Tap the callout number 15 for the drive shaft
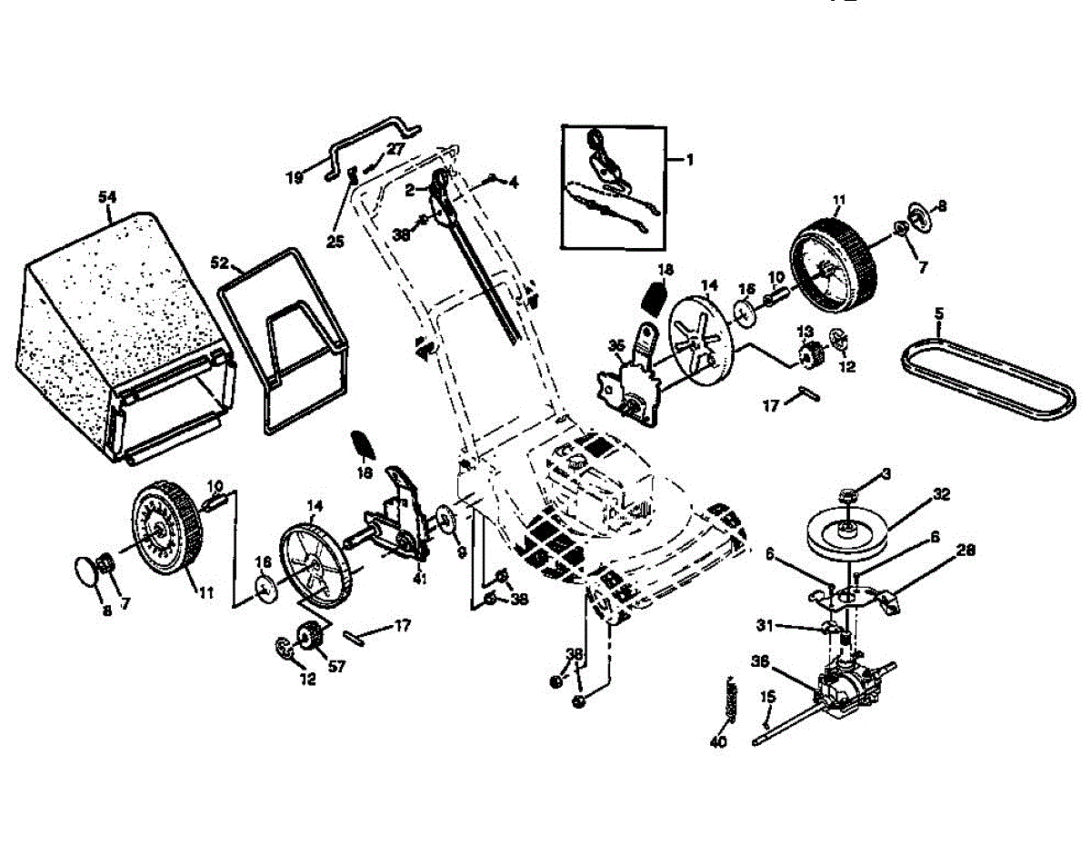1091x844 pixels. pyautogui.click(x=768, y=697)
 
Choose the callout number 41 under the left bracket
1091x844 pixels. pyautogui.click(x=419, y=578)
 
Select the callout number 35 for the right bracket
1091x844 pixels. pyautogui.click(x=616, y=345)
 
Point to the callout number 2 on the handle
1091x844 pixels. pyautogui.click(x=410, y=189)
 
